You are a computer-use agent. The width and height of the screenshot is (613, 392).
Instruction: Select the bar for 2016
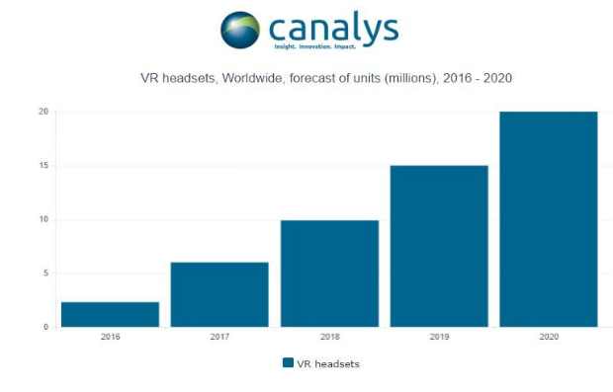pyautogui.click(x=110, y=314)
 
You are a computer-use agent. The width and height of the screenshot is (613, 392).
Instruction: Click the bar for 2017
pyautogui.click(x=219, y=294)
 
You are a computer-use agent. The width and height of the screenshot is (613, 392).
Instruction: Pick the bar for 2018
pyautogui.click(x=329, y=274)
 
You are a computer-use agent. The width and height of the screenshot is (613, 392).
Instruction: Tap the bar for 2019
pyautogui.click(x=439, y=246)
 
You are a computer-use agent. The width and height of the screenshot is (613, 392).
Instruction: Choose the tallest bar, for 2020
pyautogui.click(x=549, y=219)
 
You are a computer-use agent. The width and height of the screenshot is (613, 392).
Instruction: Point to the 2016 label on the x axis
pyautogui.click(x=110, y=338)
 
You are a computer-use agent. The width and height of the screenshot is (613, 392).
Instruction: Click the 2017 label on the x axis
pyautogui.click(x=219, y=338)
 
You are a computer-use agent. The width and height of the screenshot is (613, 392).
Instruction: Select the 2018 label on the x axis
pyautogui.click(x=329, y=338)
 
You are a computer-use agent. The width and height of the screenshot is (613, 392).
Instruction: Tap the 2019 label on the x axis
pyautogui.click(x=439, y=338)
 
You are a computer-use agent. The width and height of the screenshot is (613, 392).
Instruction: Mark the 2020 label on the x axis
pyautogui.click(x=549, y=338)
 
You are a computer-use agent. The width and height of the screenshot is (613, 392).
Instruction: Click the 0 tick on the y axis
pyautogui.click(x=44, y=327)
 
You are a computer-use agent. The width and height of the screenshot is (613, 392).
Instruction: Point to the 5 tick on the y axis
pyautogui.click(x=44, y=274)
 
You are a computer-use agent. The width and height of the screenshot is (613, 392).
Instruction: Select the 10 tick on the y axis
pyautogui.click(x=43, y=219)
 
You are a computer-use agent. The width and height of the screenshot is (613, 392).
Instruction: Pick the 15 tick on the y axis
pyautogui.click(x=43, y=166)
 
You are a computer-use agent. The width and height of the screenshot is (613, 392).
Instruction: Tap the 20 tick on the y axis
pyautogui.click(x=43, y=112)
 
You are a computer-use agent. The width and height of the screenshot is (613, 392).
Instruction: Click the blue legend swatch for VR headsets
pyautogui.click(x=288, y=363)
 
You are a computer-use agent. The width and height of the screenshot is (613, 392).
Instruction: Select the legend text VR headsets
pyautogui.click(x=328, y=363)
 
